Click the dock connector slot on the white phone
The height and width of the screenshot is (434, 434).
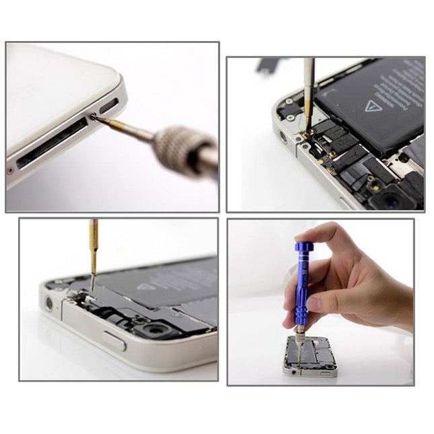pos(51,144)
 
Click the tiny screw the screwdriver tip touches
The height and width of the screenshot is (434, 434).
pos(94,118)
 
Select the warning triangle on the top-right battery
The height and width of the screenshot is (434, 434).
pos(373,106)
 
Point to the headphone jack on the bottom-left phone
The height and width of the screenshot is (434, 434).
pos(48,303)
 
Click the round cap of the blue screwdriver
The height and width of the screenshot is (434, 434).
pos(303,246)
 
